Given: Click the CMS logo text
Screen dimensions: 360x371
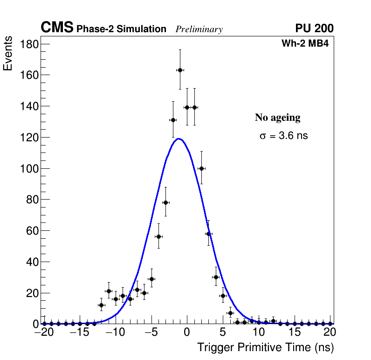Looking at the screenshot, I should tap(57, 28).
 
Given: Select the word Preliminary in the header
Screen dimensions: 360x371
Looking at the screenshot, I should tap(199, 30).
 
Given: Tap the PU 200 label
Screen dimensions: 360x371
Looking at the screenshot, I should tap(314, 28).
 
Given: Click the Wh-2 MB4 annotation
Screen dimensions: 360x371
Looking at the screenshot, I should tap(305, 44).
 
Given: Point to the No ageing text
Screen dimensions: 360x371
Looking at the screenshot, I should tap(277, 118).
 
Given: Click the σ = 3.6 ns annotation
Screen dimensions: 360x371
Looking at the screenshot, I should tap(284, 136).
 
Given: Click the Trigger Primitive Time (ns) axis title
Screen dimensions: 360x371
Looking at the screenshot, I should tap(265, 347).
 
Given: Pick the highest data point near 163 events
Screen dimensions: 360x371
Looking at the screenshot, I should tap(180, 70).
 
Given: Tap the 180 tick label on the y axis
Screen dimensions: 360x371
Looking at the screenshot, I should tap(29, 44).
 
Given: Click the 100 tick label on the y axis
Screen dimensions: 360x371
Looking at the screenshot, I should tap(29, 168).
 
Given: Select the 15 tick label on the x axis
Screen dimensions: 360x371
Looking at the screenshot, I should tap(294, 332).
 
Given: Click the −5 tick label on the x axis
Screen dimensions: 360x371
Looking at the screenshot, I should tap(150, 332).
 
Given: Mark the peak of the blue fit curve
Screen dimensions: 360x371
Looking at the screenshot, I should tap(179, 138).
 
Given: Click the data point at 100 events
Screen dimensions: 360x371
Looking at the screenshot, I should tap(201, 168).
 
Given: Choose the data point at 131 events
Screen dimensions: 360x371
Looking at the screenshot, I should tap(173, 120).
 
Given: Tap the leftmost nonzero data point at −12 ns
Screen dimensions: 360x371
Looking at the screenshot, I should tap(101, 305).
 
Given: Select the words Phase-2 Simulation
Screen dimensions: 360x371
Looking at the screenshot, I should tap(121, 29).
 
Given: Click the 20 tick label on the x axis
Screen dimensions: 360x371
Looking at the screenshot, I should tap(330, 332).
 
